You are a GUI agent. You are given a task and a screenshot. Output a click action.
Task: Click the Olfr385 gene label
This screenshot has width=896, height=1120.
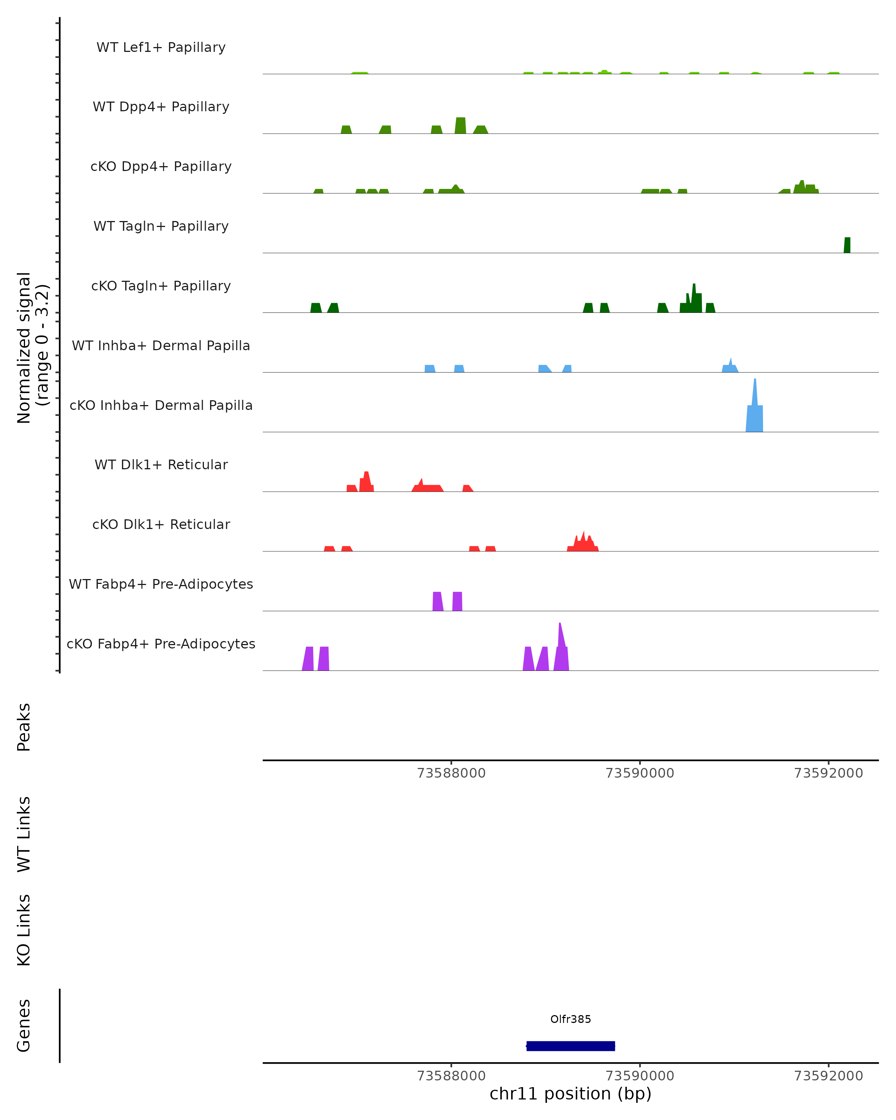click(x=570, y=1019)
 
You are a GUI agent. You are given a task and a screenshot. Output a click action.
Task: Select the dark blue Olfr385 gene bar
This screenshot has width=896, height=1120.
click(x=570, y=1046)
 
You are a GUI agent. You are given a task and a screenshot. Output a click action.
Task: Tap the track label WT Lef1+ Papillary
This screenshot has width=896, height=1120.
click(x=161, y=47)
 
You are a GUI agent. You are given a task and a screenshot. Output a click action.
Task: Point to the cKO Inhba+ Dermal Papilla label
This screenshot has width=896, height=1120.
click(x=161, y=405)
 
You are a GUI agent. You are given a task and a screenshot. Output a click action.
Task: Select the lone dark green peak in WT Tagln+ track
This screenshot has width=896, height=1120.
click(x=847, y=245)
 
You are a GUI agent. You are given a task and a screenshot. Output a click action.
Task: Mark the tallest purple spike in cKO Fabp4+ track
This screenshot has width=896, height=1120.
click(x=560, y=644)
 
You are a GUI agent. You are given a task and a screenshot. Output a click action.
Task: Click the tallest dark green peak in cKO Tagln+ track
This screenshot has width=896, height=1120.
click(x=694, y=299)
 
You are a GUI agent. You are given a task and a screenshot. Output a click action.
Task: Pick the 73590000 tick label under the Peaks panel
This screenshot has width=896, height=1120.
click(x=640, y=773)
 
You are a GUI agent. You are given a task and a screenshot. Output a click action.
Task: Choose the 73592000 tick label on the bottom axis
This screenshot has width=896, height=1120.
click(x=828, y=1076)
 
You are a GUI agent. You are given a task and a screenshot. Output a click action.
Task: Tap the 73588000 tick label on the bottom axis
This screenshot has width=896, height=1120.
click(x=451, y=1076)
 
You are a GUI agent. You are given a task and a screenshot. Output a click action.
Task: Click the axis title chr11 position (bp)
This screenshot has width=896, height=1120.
click(x=570, y=1094)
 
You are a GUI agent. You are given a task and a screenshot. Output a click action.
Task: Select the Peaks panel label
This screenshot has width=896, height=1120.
click(x=24, y=727)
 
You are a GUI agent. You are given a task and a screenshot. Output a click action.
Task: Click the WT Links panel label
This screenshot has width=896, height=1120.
click(x=24, y=834)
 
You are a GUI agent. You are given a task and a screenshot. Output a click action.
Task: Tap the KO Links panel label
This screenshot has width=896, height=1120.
click(x=24, y=930)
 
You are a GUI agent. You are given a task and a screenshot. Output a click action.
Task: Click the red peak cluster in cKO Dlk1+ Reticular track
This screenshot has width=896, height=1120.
click(x=583, y=543)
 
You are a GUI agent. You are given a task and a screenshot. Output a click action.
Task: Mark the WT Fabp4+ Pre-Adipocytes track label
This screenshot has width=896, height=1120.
click(x=161, y=584)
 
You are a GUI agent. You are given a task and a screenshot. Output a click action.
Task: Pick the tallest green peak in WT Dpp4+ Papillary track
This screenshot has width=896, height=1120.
click(x=460, y=126)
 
